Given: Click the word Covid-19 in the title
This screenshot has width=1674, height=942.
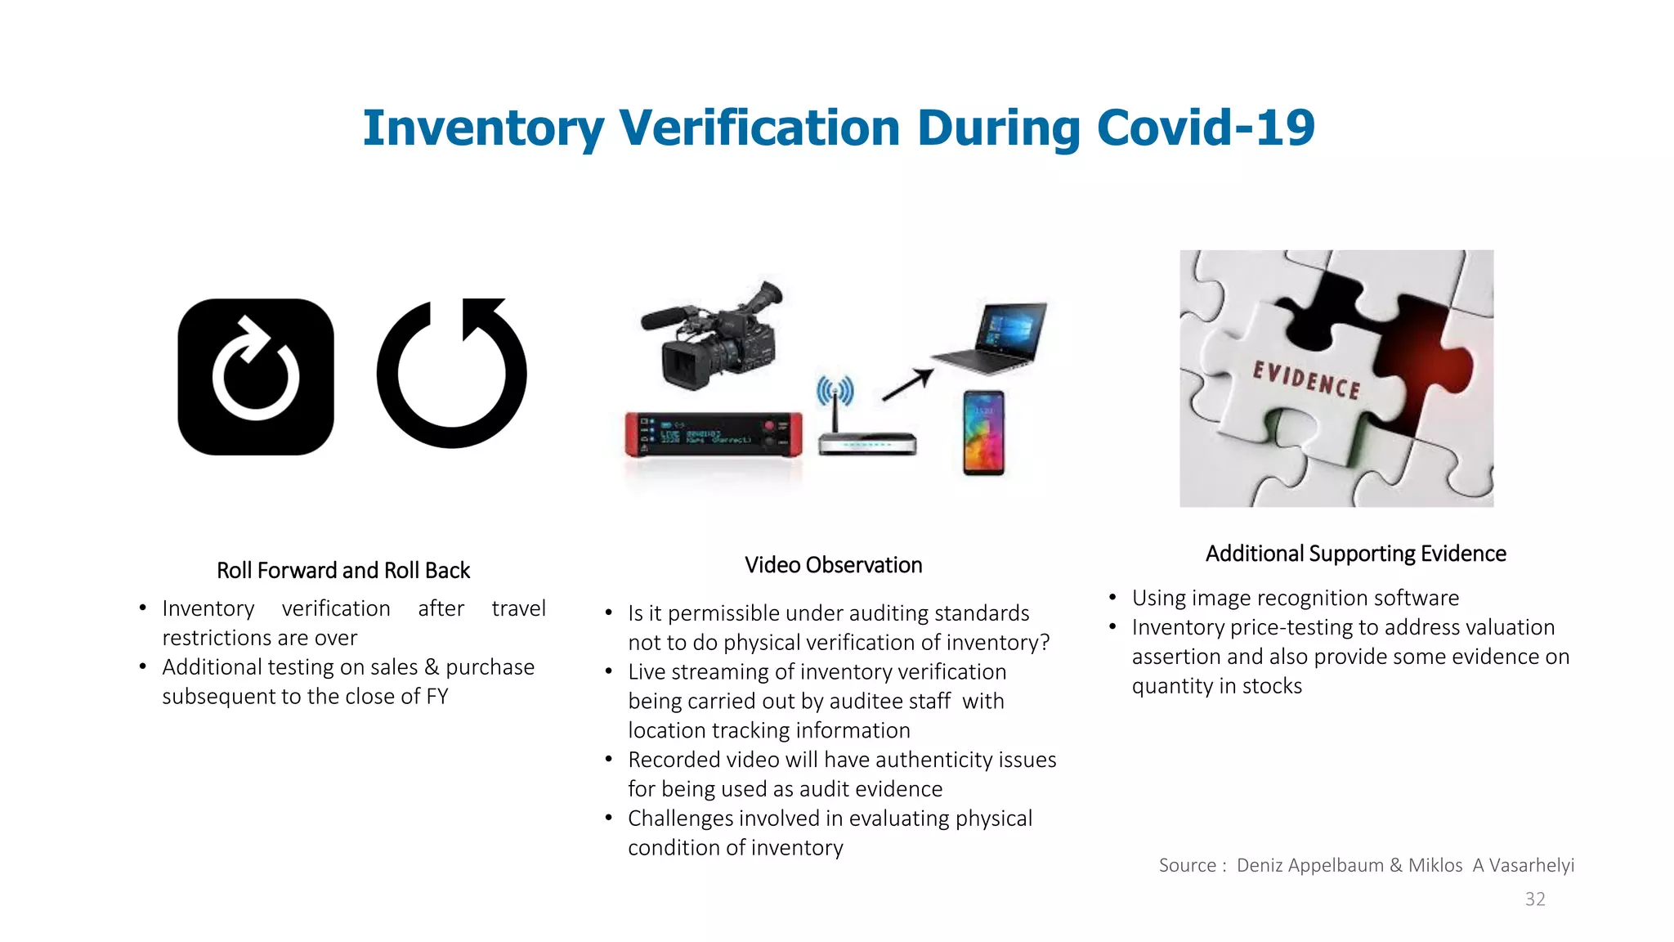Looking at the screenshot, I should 1206,128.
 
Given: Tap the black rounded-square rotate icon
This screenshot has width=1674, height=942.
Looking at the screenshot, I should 256,377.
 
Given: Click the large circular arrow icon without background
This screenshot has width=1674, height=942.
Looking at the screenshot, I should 452,374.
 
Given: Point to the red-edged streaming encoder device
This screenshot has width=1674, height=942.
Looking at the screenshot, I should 714,434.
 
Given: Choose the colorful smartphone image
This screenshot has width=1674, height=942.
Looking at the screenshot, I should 983,433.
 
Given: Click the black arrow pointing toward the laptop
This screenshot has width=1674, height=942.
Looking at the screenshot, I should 907,384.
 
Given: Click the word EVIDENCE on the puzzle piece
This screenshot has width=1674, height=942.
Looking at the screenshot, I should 1306,380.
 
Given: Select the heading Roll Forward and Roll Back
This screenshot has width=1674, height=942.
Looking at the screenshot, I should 343,570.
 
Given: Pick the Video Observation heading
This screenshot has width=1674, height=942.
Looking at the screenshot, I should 833,565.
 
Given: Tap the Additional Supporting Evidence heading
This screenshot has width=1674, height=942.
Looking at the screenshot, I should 1355,554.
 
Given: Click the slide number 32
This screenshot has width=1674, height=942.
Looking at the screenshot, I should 1535,899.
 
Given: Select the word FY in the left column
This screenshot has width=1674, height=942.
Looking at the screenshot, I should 436,697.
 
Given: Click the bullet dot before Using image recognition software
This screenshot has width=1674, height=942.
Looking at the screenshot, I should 1112,598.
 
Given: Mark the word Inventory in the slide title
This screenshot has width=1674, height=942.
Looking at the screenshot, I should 483,128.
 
